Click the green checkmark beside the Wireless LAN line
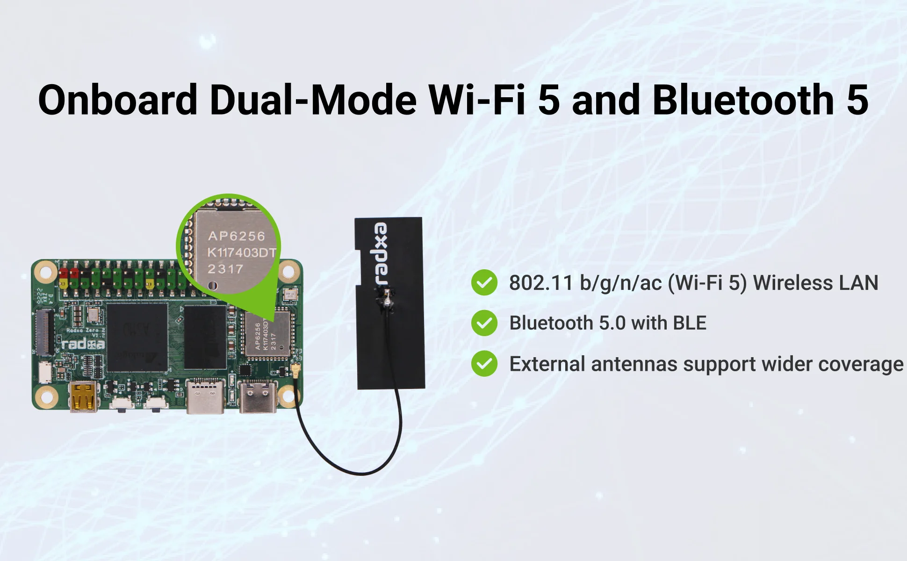(484, 283)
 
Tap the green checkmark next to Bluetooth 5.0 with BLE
(484, 323)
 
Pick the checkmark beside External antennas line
(484, 364)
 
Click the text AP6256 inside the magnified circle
(236, 236)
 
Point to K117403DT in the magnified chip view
(241, 253)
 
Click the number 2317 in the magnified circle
(225, 269)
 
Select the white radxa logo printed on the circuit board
(84, 345)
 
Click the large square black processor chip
(137, 337)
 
